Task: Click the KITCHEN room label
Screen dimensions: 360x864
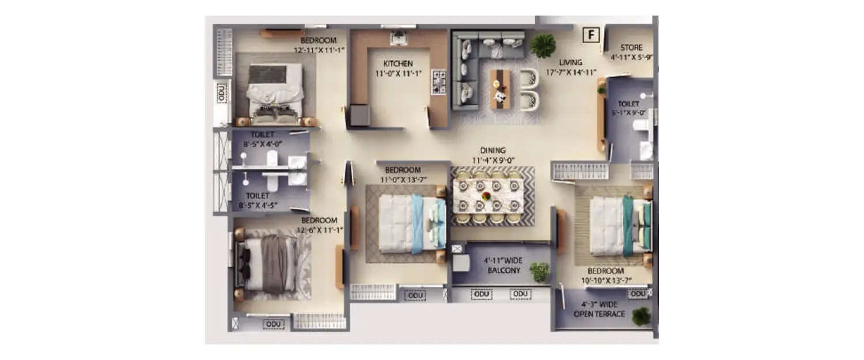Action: click(398, 63)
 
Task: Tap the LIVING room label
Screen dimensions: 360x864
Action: click(570, 62)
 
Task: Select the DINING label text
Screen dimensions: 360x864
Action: click(492, 150)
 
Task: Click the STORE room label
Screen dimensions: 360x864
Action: click(631, 48)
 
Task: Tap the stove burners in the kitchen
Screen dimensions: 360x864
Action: click(439, 82)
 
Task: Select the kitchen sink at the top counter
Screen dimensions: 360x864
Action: click(399, 38)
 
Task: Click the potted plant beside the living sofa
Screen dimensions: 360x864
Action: click(543, 46)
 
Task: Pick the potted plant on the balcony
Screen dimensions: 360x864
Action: click(540, 271)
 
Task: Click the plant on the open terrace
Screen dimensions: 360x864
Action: click(641, 316)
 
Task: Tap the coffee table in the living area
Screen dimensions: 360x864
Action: click(499, 89)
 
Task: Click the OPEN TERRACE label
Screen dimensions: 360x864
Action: click(599, 314)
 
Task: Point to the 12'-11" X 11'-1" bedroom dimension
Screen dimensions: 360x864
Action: click(319, 50)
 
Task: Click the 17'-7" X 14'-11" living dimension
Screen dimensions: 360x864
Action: click(571, 72)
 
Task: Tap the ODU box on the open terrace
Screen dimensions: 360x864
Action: click(638, 294)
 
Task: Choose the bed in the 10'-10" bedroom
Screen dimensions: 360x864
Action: click(619, 225)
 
